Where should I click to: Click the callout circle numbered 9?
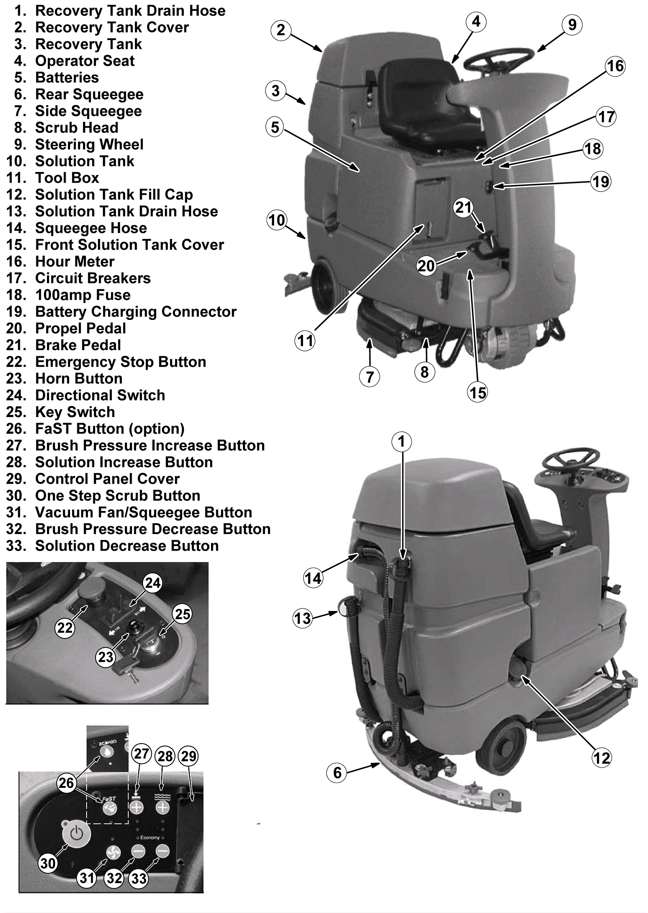point(572,25)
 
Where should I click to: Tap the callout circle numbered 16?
point(615,66)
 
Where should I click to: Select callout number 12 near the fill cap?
point(601,758)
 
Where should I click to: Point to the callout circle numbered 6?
point(337,773)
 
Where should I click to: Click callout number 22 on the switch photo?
point(65,628)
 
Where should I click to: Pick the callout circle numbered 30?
point(48,864)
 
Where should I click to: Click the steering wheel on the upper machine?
point(499,61)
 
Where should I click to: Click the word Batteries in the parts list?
point(67,78)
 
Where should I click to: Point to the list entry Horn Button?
point(79,379)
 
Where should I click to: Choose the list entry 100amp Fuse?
point(83,295)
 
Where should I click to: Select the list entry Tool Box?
point(67,178)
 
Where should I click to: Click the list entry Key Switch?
point(75,412)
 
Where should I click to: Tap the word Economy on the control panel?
point(150,838)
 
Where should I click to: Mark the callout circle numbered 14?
point(313,578)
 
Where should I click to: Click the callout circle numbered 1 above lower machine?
point(401,441)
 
